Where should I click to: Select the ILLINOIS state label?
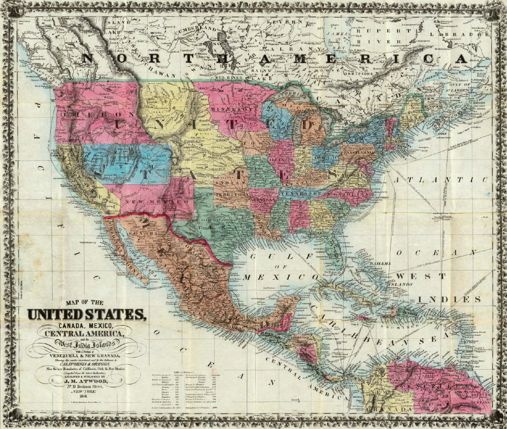[x=281, y=160]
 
